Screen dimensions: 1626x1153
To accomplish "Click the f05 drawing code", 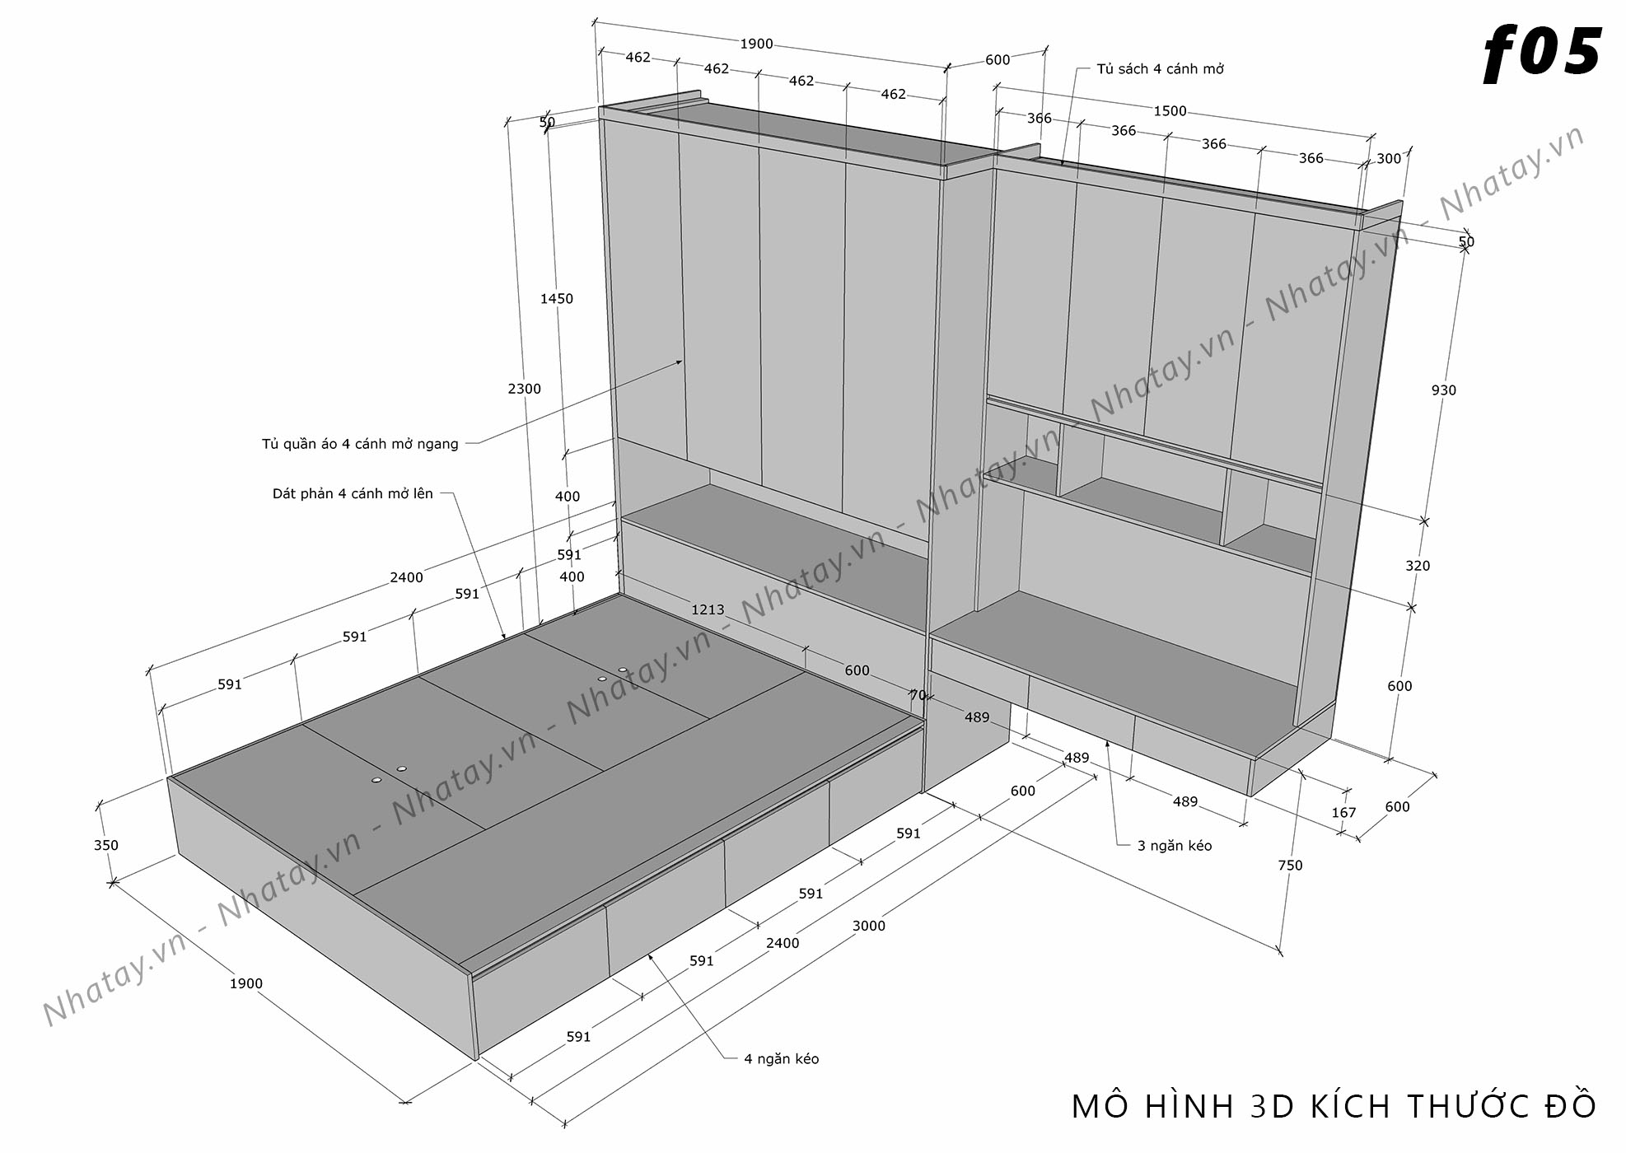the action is click(1541, 54).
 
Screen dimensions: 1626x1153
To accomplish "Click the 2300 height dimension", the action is click(524, 389).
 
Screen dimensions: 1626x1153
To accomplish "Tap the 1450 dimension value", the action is click(557, 299).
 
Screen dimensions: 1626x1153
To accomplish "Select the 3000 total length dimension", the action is click(868, 926).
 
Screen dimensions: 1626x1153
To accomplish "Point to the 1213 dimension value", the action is click(708, 609).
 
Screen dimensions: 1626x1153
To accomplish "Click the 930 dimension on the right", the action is click(1444, 390).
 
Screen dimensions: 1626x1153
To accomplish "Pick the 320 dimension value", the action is click(1418, 566).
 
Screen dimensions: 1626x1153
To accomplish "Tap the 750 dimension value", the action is click(1290, 865).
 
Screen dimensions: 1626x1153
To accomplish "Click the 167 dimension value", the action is click(1343, 813).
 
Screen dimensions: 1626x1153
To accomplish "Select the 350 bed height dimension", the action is click(106, 845).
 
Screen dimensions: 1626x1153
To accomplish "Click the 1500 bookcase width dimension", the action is click(1170, 111).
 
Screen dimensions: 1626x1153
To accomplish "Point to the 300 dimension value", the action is click(1389, 159).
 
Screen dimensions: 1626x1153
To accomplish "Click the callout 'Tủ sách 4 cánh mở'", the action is click(1160, 69).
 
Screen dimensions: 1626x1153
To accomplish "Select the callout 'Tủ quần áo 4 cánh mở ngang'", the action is click(360, 444).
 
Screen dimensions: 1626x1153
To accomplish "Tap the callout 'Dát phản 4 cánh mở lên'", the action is click(353, 494).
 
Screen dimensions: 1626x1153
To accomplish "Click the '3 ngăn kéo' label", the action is click(1175, 846).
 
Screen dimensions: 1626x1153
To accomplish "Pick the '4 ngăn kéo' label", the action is click(782, 1059).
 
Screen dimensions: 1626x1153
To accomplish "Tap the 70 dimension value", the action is click(918, 695).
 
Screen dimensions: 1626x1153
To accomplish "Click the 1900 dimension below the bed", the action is click(245, 983).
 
